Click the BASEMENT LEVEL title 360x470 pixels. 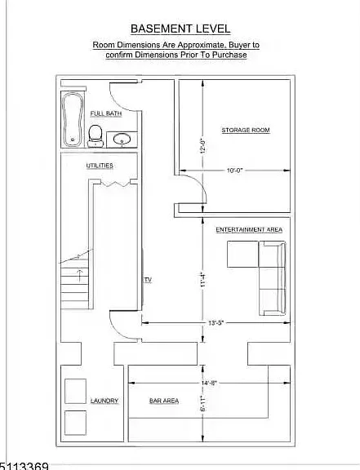click(180, 29)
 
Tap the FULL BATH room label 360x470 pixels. click(106, 113)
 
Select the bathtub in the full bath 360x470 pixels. click(73, 120)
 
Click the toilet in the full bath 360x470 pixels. click(96, 136)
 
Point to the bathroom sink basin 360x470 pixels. click(122, 140)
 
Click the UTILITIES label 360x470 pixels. click(100, 166)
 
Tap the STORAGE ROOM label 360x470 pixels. click(246, 130)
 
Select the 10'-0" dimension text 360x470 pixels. click(234, 171)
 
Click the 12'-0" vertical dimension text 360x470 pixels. click(202, 146)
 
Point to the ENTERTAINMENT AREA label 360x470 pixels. click(249, 229)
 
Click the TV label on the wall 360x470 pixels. click(149, 280)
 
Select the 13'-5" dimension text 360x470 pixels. click(216, 323)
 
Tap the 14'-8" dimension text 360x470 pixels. click(209, 383)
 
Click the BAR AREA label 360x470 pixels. click(164, 401)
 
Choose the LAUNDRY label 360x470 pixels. click(104, 401)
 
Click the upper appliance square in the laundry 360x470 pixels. click(76, 391)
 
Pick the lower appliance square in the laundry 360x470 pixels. click(76, 423)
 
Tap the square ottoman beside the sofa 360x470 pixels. click(242, 254)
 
